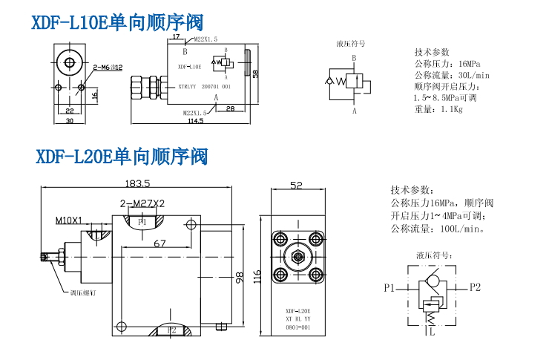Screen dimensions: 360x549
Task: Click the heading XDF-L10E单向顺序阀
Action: pos(117,23)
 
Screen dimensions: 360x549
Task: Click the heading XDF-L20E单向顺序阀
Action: pos(122,157)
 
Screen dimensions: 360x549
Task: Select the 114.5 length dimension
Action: pos(195,121)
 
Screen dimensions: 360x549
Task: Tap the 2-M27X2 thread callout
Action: pos(142,203)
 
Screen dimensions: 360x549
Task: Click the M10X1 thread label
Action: pos(68,220)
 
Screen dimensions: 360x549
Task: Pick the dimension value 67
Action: pos(160,243)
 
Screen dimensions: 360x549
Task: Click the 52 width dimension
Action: pos(297,186)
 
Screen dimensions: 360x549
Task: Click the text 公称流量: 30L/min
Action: pos(453,75)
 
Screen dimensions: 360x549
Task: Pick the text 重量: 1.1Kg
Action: pos(438,109)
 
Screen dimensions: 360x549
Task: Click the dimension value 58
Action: pos(255,73)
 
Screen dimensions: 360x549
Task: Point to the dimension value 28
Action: pos(230,109)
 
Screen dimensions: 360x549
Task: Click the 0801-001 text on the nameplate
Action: pos(297,327)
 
